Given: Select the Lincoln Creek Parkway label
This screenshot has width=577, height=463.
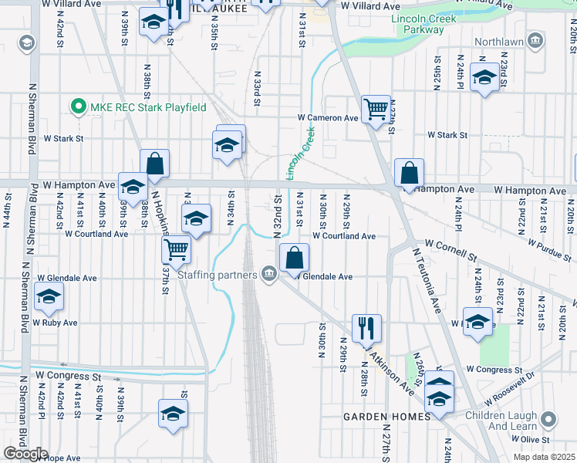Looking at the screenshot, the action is click(417, 23).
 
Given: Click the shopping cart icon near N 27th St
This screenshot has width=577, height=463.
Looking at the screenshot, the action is click(376, 109).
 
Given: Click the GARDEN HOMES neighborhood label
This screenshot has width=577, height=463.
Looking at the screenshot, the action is click(387, 417).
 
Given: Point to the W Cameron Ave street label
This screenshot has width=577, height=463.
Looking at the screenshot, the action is click(329, 118).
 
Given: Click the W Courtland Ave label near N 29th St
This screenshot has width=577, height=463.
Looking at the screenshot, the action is click(343, 236).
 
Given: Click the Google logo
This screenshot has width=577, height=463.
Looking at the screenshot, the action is click(25, 454).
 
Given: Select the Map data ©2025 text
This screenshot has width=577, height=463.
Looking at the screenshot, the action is click(544, 457).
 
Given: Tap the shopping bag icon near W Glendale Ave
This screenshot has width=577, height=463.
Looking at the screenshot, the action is click(294, 258).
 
